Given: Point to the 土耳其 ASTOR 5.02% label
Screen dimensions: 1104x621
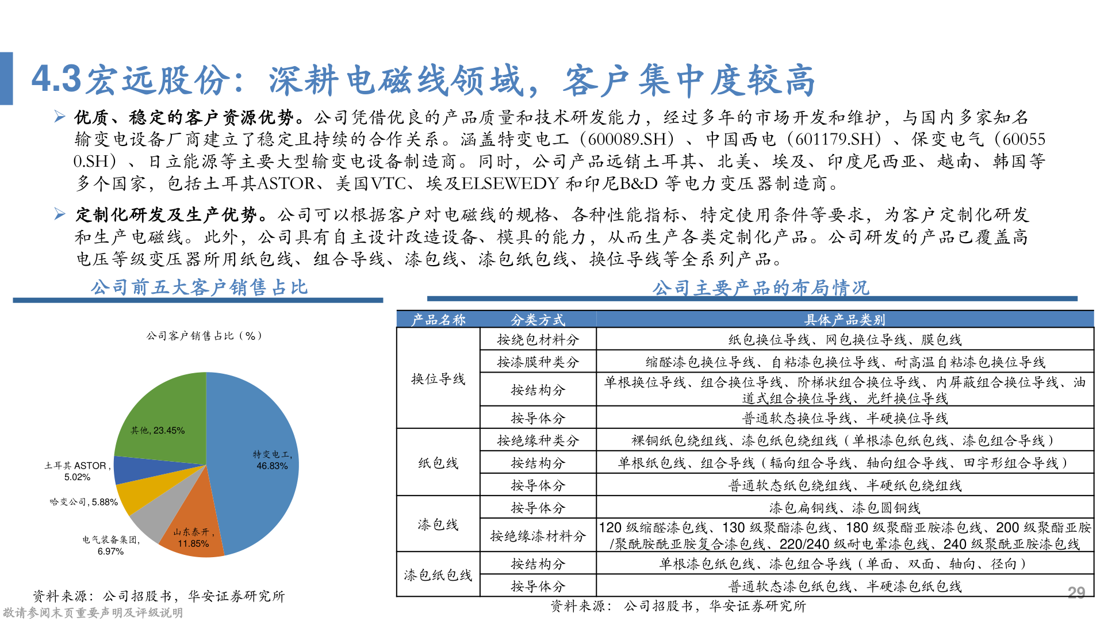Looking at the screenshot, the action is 77,471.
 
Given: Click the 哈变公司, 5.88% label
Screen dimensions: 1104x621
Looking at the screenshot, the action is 84,502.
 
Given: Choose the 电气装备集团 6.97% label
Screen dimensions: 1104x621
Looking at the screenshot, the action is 110,545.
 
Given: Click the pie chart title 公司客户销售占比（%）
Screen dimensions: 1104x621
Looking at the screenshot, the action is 204,336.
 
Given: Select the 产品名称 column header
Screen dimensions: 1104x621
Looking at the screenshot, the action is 438,320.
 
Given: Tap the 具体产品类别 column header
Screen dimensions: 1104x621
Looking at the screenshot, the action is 844,320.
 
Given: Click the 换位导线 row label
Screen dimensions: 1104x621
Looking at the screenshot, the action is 438,379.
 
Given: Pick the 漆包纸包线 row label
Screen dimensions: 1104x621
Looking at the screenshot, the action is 438,575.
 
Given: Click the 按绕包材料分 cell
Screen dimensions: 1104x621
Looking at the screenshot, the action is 538,340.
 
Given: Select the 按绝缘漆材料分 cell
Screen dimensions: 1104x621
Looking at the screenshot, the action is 538,536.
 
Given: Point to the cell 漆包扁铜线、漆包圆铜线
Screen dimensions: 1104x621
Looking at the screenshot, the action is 844,508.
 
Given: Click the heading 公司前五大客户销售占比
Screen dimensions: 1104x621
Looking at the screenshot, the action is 199,287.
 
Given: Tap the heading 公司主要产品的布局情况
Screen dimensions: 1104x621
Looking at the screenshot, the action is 761,287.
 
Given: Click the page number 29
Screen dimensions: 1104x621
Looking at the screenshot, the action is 1076,592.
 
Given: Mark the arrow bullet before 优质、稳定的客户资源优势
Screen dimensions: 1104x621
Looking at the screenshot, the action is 60,117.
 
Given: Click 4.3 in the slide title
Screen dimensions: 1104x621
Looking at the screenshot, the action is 56,79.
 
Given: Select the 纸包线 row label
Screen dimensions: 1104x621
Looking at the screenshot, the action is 438,463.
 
